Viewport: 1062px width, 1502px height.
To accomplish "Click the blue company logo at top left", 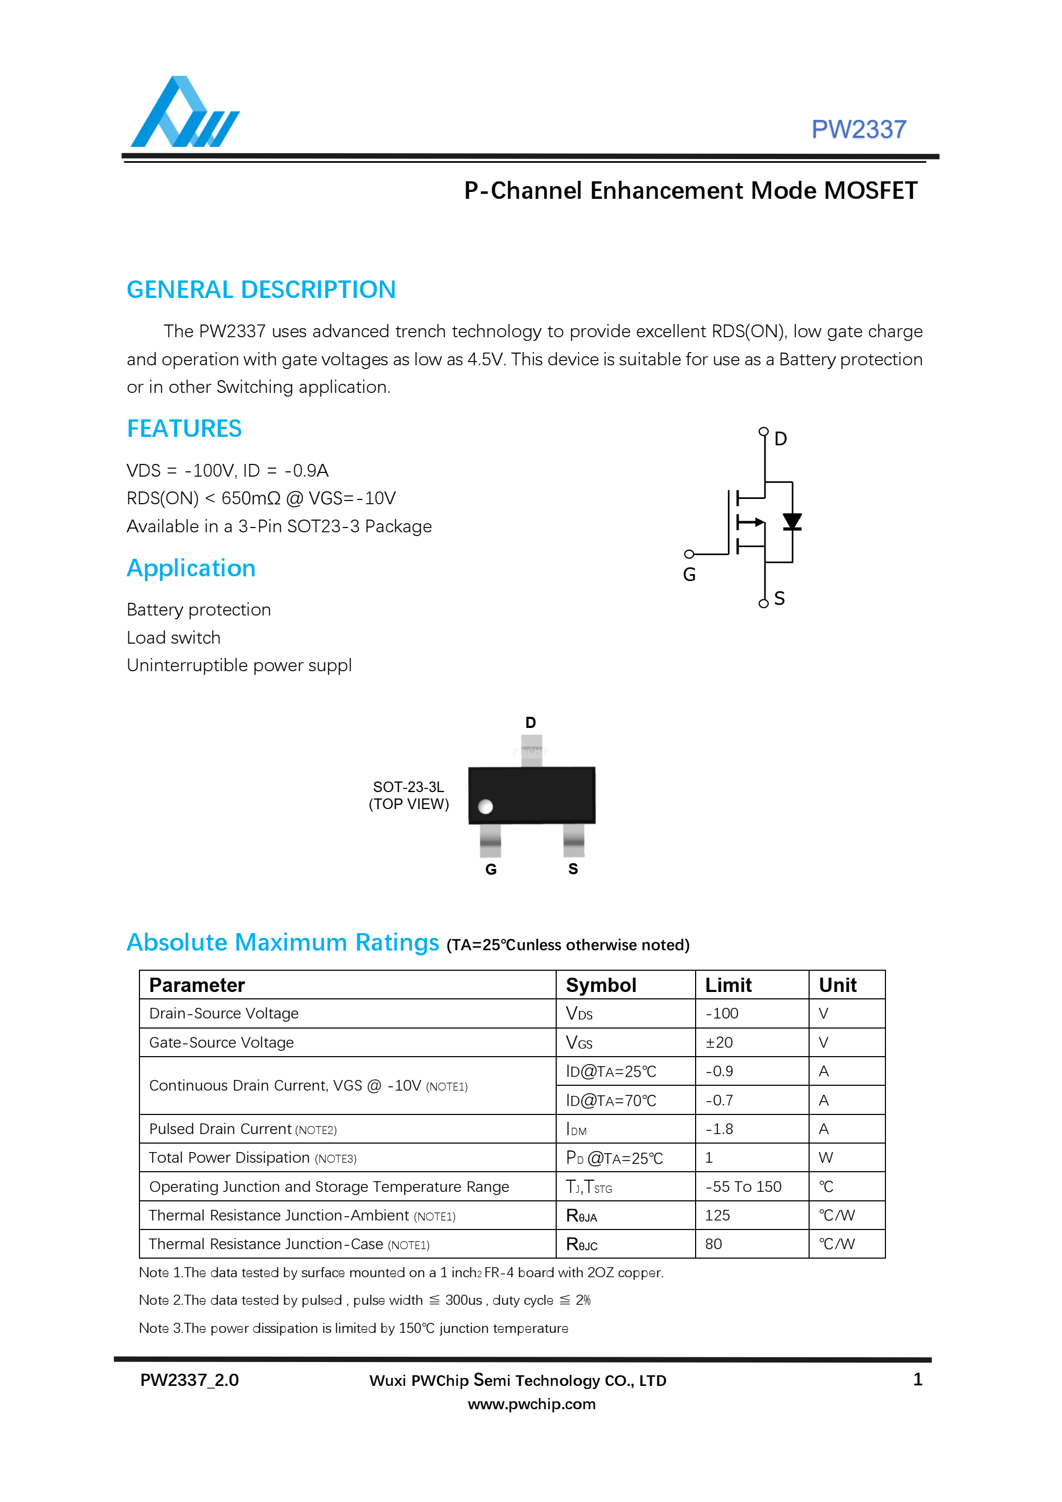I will [185, 112].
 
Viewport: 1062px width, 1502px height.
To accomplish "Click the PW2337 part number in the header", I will [858, 129].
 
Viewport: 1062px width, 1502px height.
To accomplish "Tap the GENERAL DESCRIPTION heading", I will [261, 290].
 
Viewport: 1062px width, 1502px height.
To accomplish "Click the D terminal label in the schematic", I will [780, 439].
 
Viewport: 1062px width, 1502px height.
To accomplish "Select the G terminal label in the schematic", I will [689, 575].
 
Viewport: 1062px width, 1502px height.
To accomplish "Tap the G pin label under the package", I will [491, 869].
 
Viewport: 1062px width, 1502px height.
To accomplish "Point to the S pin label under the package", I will [573, 869].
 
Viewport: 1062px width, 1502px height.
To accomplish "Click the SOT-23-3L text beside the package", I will [408, 787].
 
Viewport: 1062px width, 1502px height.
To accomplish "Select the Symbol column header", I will [601, 985].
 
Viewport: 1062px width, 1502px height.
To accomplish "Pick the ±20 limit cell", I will [718, 1043].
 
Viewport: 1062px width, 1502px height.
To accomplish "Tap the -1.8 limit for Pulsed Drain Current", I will [719, 1129].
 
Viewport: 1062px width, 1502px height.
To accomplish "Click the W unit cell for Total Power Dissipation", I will [826, 1158].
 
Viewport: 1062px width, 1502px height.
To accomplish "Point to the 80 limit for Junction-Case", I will [713, 1244].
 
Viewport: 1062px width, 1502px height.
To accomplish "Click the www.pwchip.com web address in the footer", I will [531, 1404].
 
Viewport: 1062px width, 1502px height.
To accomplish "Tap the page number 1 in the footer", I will [917, 1380].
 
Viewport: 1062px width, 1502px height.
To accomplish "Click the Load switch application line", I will [173, 638].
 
